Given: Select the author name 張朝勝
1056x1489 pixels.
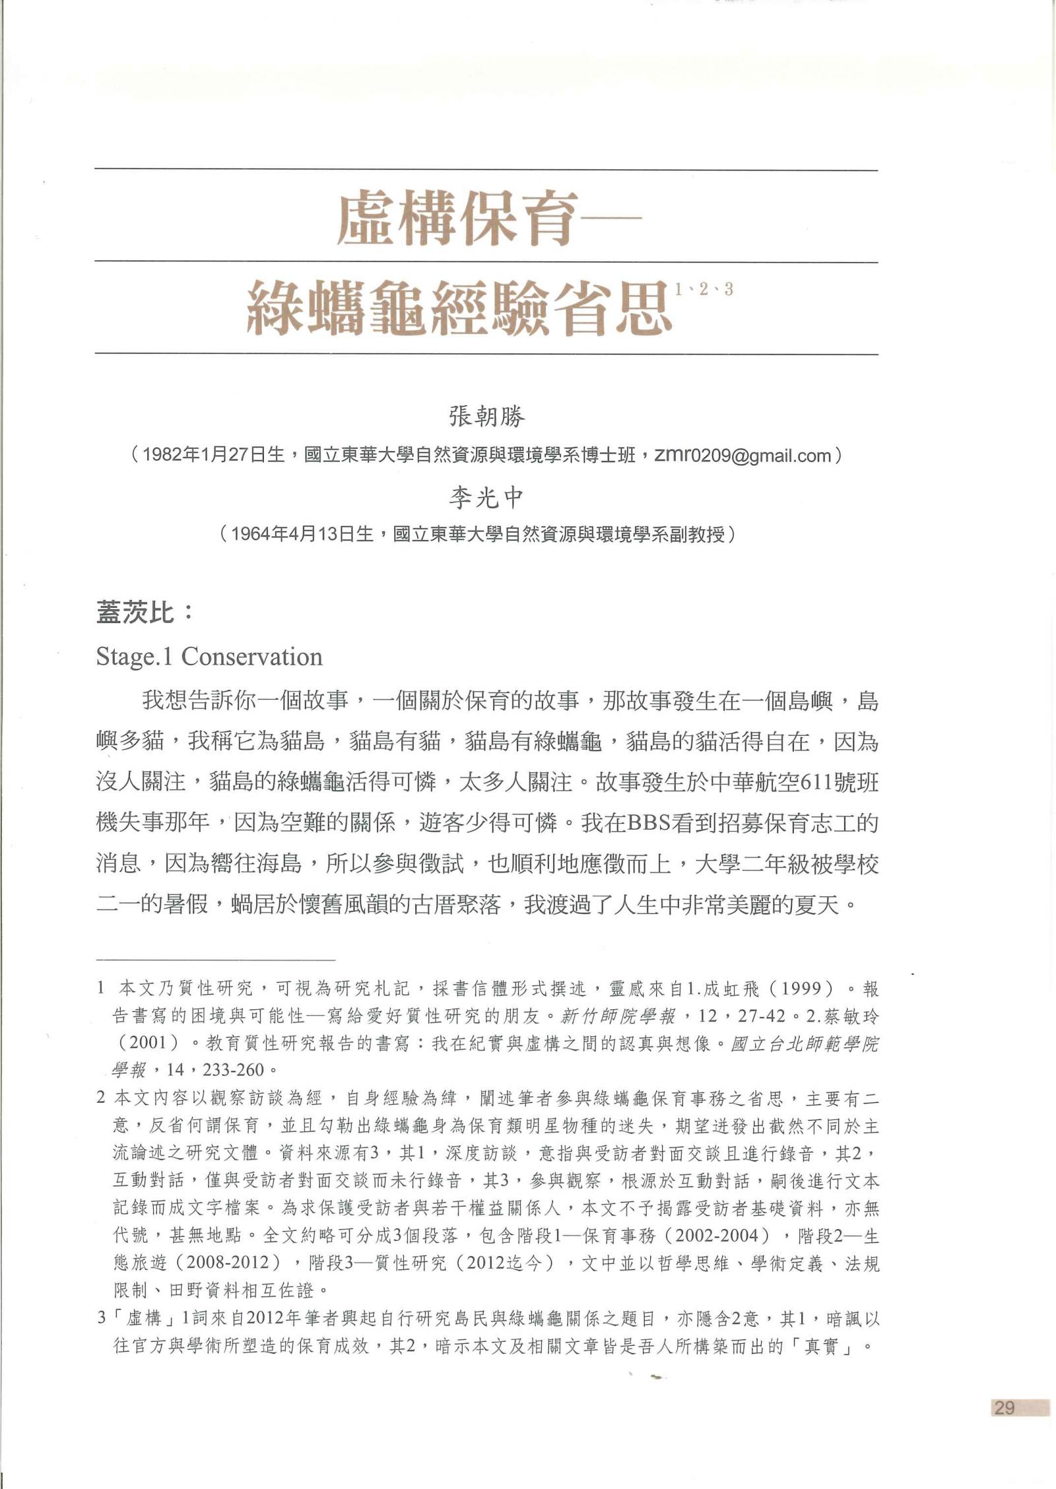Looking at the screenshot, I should click(487, 417).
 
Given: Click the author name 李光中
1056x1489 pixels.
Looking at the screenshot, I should click(487, 497).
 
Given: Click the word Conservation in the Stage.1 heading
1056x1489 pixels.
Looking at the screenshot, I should click(252, 656).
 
